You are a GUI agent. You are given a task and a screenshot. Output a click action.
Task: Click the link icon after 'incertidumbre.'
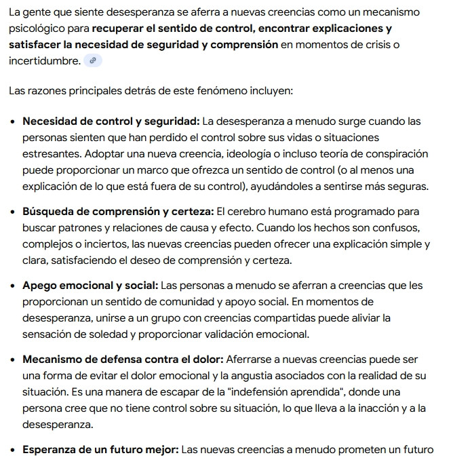[x=93, y=61]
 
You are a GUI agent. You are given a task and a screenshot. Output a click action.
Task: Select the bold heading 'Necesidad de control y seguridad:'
[x=111, y=121]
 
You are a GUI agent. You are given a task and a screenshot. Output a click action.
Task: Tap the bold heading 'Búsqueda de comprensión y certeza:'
[x=118, y=212]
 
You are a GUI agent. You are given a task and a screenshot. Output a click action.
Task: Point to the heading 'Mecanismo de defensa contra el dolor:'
[x=123, y=359]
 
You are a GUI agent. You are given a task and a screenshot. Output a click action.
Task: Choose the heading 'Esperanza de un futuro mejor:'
[x=100, y=449]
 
